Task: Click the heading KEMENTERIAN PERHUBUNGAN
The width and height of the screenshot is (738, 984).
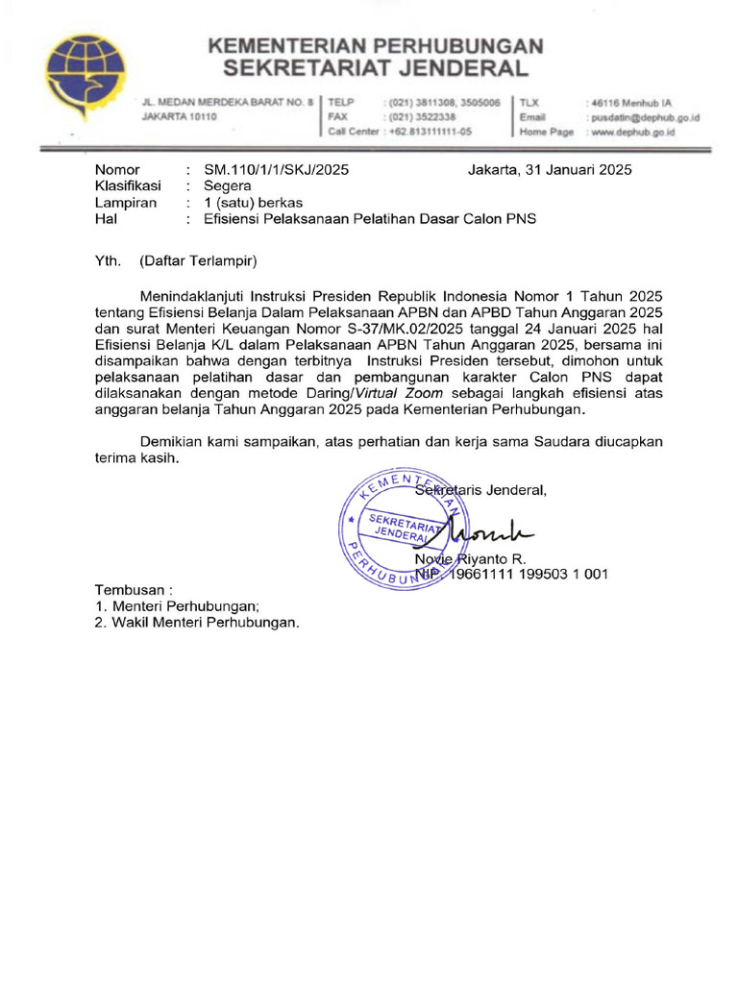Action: [x=375, y=45]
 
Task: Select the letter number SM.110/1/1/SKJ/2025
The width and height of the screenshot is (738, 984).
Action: [x=276, y=170]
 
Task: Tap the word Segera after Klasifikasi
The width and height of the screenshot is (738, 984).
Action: [x=228, y=186]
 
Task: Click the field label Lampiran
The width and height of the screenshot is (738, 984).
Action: [x=126, y=203]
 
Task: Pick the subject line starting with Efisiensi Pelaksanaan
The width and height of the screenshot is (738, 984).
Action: [x=370, y=219]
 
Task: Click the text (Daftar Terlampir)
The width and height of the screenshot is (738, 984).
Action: [x=198, y=259]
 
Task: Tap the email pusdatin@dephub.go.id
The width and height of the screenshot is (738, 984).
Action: [x=643, y=116]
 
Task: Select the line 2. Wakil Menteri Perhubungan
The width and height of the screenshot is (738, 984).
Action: [x=197, y=622]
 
